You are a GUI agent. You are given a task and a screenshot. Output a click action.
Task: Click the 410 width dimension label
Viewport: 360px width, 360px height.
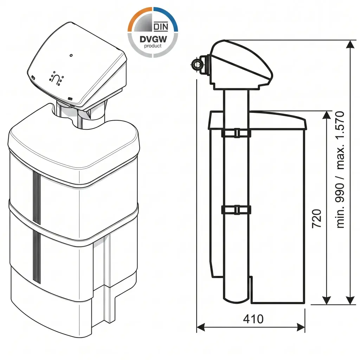[253, 319]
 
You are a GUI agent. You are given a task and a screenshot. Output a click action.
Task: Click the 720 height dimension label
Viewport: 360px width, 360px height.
[317, 219]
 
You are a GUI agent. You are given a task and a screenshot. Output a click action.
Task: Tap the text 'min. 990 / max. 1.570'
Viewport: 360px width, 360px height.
[340, 170]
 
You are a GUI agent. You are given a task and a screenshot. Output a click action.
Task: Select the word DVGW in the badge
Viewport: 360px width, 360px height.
[153, 39]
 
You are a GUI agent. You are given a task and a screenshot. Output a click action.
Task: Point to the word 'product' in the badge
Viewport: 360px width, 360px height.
[153, 46]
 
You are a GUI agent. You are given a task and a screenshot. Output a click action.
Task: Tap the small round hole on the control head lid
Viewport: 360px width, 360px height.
[71, 55]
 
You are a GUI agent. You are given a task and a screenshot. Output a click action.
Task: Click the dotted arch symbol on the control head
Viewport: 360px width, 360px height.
[56, 78]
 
